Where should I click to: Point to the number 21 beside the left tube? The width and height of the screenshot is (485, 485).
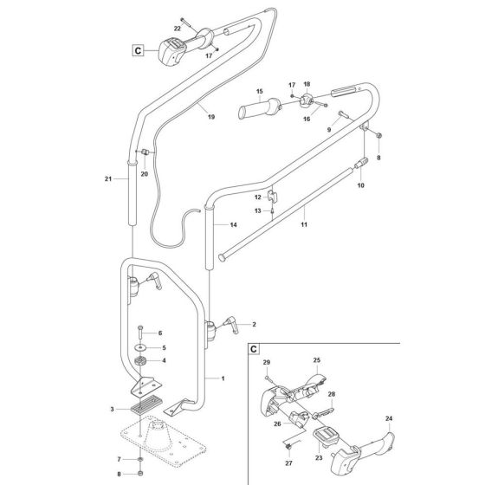click(108, 178)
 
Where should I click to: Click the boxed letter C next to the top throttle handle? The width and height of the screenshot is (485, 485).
click(137, 50)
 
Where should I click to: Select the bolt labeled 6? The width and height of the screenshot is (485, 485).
click(139, 333)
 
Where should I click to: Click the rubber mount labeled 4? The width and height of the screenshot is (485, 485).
click(139, 361)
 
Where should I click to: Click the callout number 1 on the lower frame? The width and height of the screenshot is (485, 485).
click(223, 378)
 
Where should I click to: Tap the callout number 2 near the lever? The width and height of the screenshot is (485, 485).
click(254, 324)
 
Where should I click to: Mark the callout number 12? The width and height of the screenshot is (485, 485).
click(257, 197)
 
